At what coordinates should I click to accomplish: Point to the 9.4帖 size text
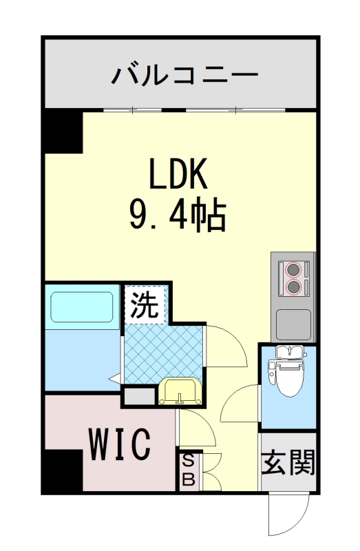(x=178, y=216)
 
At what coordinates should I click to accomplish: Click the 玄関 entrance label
(x=288, y=463)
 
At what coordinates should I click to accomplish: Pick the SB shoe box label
(x=187, y=470)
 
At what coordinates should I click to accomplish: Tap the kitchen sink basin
(x=294, y=321)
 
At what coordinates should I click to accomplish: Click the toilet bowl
(x=288, y=375)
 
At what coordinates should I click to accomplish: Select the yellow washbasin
(x=180, y=393)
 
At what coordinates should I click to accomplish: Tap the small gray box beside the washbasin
(x=140, y=395)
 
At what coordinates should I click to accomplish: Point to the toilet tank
(x=288, y=353)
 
